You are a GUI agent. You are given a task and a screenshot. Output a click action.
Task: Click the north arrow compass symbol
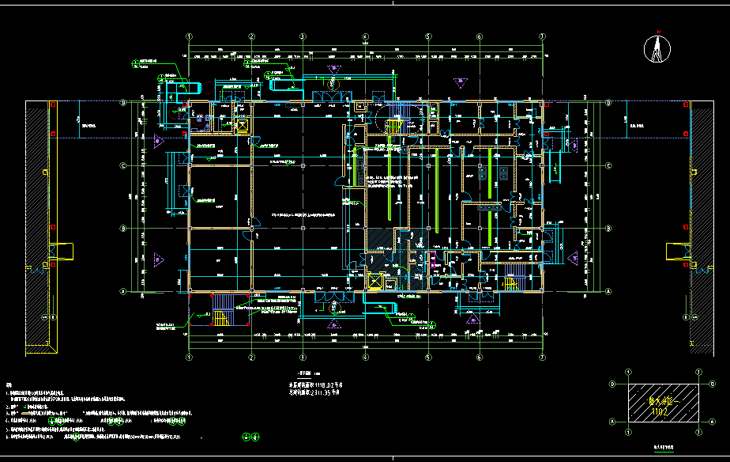click(x=656, y=49)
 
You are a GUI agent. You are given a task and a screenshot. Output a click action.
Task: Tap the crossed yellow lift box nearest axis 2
click(x=242, y=125)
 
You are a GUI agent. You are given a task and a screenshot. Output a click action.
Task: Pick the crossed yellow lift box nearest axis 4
click(x=375, y=281)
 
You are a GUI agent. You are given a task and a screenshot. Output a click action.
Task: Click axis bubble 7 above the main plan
click(x=542, y=36)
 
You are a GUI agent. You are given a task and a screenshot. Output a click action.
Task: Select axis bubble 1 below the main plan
click(x=189, y=358)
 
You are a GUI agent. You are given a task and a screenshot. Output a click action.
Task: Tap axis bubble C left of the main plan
click(x=123, y=165)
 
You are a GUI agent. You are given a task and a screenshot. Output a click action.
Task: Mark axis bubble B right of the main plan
click(x=609, y=229)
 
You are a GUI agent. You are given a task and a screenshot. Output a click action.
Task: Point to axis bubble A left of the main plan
click(x=123, y=291)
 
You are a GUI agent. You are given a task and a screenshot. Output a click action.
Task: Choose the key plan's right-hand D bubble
click(x=698, y=384)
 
